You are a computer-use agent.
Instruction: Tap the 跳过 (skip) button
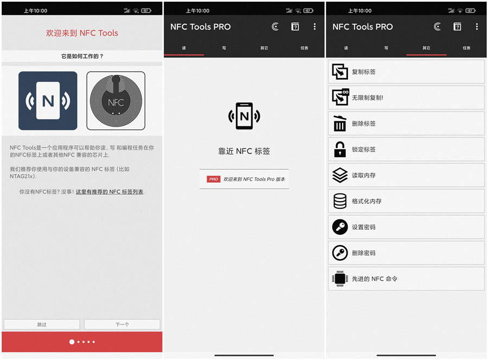[42, 324]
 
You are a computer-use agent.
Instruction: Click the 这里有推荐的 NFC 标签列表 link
[110, 192]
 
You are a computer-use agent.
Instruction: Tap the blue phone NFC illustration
[48, 101]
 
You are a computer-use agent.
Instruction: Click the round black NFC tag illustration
[115, 101]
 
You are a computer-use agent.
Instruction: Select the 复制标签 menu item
[406, 72]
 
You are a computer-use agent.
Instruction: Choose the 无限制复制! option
[406, 98]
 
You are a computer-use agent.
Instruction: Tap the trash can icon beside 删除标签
[340, 124]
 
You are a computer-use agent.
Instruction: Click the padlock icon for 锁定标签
[340, 150]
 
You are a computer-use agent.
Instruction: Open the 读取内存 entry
[406, 175]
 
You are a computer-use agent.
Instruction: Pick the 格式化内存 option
[406, 201]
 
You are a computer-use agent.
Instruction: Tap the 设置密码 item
[406, 227]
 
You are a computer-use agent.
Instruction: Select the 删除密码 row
[406, 253]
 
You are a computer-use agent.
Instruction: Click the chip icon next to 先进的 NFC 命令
[340, 279]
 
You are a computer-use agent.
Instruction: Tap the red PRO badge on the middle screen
[214, 179]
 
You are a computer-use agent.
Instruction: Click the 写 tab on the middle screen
[224, 48]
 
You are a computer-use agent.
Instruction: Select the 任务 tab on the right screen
[466, 48]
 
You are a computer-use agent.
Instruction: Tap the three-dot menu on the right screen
[477, 27]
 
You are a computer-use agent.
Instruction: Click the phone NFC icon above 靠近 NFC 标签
[244, 115]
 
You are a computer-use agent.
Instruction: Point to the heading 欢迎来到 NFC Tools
[82, 33]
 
